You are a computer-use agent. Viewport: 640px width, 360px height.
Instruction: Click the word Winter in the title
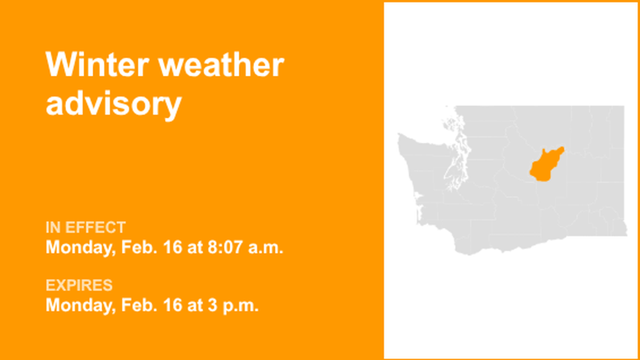click(x=96, y=65)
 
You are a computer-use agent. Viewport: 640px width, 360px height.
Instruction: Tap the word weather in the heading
click(x=220, y=65)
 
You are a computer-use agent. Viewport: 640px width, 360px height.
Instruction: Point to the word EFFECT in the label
click(x=95, y=227)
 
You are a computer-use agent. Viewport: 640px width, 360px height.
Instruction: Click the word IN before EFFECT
click(x=53, y=227)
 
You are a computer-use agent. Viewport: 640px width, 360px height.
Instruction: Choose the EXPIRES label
click(x=79, y=286)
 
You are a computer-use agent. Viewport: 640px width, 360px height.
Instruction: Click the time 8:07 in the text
click(x=221, y=247)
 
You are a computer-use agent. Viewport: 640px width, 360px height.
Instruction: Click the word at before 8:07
click(x=194, y=247)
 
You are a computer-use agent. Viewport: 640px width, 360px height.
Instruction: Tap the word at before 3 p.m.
click(x=194, y=306)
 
